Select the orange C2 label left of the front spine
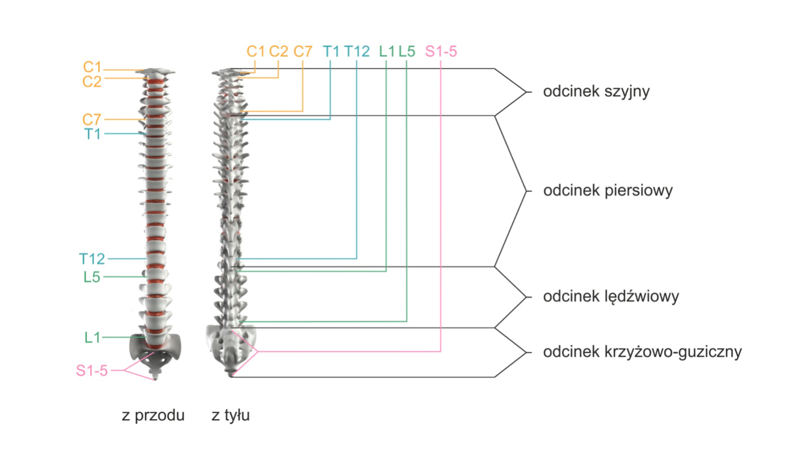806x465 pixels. pyautogui.click(x=92, y=82)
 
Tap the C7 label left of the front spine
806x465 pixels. pyautogui.click(x=92, y=120)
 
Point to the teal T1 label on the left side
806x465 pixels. pyautogui.click(x=93, y=134)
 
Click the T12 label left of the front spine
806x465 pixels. pyautogui.click(x=92, y=259)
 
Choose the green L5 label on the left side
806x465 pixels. pyautogui.click(x=92, y=278)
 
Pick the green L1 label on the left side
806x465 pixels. pyautogui.click(x=92, y=338)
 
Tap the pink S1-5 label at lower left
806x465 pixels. pyautogui.click(x=92, y=372)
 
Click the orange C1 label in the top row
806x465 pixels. pyautogui.click(x=256, y=52)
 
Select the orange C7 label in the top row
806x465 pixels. pyautogui.click(x=303, y=52)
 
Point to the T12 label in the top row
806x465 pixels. pyautogui.click(x=357, y=52)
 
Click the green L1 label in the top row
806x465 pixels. pyautogui.click(x=387, y=52)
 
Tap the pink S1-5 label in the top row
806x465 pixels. pyautogui.click(x=441, y=52)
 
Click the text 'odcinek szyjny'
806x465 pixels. pyautogui.click(x=596, y=92)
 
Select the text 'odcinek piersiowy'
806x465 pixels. pyautogui.click(x=607, y=190)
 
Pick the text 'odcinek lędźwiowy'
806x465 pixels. pyautogui.click(x=611, y=296)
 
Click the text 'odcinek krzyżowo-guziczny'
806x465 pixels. pyautogui.click(x=642, y=352)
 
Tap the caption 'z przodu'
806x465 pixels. pyautogui.click(x=153, y=416)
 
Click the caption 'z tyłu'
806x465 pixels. pyautogui.click(x=231, y=416)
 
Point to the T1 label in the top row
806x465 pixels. pyautogui.click(x=331, y=52)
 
